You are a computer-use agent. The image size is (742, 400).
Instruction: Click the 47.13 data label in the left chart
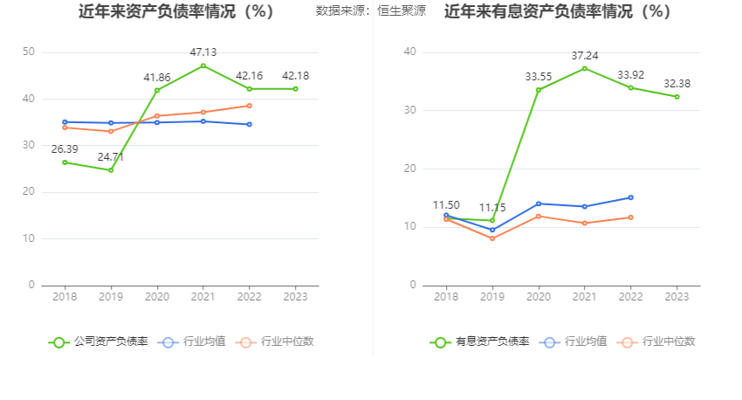click(203, 52)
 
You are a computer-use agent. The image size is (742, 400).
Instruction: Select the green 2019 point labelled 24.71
click(111, 170)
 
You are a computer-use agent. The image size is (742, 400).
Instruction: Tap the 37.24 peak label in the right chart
click(585, 55)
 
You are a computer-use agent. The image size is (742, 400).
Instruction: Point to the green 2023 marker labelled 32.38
click(677, 97)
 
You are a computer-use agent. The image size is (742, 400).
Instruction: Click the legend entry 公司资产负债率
click(99, 341)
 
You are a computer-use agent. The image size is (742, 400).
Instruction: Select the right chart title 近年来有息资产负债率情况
click(558, 12)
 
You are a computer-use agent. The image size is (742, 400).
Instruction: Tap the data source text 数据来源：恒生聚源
click(371, 11)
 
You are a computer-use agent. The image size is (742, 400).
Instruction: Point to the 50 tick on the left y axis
click(29, 52)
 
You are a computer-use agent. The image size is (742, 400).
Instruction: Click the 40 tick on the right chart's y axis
click(409, 52)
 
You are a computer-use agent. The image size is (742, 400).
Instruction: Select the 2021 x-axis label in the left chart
click(203, 297)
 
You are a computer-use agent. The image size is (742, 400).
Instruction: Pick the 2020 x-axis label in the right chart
click(539, 297)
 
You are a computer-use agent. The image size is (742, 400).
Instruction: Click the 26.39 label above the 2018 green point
click(65, 149)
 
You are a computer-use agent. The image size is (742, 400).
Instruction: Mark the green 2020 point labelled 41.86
click(157, 90)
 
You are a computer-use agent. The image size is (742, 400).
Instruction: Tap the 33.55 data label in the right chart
click(539, 77)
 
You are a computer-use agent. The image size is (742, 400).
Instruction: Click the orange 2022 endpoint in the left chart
click(249, 106)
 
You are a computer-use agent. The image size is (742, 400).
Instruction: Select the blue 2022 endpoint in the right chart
click(630, 197)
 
